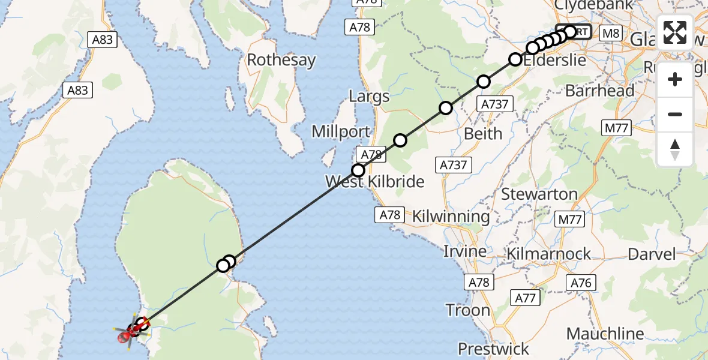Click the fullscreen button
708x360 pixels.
pos(675,32)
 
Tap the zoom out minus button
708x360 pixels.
pos(675,114)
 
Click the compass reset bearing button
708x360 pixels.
pos(675,149)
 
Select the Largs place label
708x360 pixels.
pos(368,97)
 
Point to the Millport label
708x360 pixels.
pos(340,132)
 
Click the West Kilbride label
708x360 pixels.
pos(374,181)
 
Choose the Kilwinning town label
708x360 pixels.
pos(451,216)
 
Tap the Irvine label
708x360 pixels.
pos(466,251)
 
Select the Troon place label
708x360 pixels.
pos(468,310)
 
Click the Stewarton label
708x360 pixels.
pos(539,194)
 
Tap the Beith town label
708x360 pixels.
pos(483,134)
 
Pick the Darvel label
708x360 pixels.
pos(651,254)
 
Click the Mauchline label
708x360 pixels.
pos(605,334)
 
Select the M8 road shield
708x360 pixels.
pos(611,34)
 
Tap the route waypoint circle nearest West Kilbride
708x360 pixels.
pos(358,170)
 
